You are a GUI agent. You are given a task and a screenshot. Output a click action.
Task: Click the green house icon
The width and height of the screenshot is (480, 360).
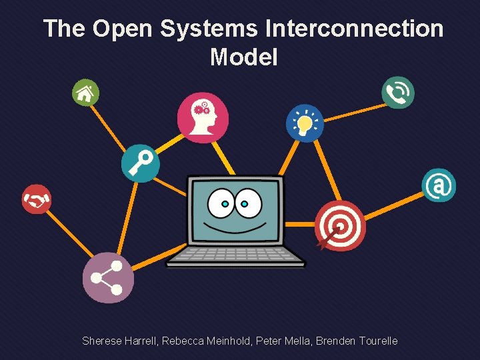pos(85,93)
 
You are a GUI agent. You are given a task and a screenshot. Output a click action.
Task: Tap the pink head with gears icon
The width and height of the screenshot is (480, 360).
pos(203,117)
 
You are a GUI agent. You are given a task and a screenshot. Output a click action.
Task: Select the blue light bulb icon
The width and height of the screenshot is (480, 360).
pos(305,123)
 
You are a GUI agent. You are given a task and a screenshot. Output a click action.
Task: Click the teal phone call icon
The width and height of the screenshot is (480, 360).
pos(398,92)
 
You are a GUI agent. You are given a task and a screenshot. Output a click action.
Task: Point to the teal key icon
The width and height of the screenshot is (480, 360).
pos(141,163)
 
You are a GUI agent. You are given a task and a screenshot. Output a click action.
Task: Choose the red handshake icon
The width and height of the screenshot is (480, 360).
pos(36,199)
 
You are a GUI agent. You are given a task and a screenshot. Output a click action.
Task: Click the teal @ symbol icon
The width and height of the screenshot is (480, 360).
pos(439,185)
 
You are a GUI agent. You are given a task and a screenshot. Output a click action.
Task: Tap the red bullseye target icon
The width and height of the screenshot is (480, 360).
pos(340,226)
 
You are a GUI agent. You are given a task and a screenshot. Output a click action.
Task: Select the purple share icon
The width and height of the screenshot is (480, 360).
pos(108,278)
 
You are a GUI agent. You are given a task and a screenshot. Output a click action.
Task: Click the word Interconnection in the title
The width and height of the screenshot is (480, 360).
pos(354,29)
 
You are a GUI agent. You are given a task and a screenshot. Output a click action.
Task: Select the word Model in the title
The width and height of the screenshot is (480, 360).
pos(243,57)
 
